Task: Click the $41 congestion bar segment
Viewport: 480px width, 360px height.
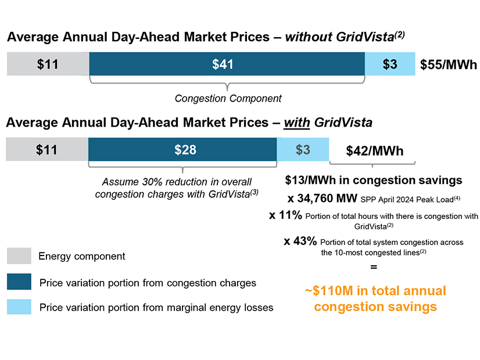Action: click(x=227, y=64)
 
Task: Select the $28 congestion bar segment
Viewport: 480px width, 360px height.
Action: click(x=182, y=150)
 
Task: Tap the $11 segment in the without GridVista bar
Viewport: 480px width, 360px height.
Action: click(x=48, y=64)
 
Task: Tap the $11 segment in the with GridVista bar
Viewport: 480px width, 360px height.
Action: click(x=46, y=150)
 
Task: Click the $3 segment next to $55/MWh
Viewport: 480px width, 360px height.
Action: click(x=390, y=64)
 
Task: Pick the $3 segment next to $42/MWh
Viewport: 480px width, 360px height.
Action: click(x=303, y=150)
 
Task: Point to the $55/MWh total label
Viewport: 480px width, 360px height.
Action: click(x=448, y=65)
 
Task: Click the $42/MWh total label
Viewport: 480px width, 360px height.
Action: click(x=374, y=151)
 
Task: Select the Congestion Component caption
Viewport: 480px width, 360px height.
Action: click(x=228, y=98)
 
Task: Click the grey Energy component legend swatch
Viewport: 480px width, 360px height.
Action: click(x=19, y=256)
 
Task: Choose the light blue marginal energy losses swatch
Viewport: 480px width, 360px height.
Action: click(x=19, y=307)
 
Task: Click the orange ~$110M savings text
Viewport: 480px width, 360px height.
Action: click(x=375, y=298)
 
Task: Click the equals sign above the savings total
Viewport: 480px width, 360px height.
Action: click(x=374, y=267)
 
